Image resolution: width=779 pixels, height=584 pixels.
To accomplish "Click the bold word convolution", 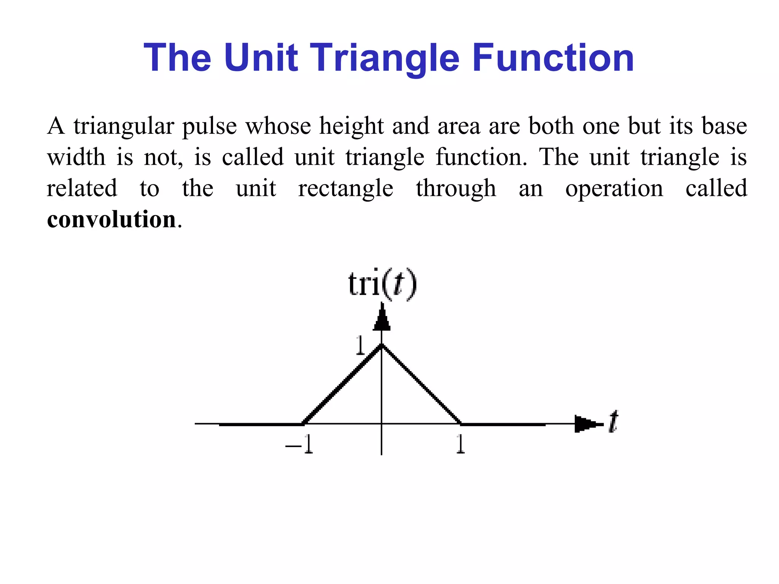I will click(111, 219).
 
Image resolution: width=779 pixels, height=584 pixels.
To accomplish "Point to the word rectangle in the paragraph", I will click(345, 189).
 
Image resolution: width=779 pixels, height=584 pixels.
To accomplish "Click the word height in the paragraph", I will click(351, 126).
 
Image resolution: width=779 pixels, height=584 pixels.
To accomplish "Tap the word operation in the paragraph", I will click(614, 189).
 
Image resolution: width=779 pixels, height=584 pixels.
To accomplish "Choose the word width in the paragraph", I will click(76, 157).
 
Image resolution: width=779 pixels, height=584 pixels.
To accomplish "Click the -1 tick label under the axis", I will click(300, 444).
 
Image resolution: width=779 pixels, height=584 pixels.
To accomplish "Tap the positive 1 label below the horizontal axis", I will click(460, 444).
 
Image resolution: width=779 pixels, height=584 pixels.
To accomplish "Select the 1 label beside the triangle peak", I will click(360, 346).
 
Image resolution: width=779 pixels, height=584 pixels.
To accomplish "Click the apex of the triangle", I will click(382, 345).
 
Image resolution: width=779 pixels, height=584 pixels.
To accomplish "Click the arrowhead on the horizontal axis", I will click(586, 424).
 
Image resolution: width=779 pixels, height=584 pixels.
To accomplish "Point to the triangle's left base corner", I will click(303, 423).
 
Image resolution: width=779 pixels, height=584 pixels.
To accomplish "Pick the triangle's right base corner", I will click(461, 423).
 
